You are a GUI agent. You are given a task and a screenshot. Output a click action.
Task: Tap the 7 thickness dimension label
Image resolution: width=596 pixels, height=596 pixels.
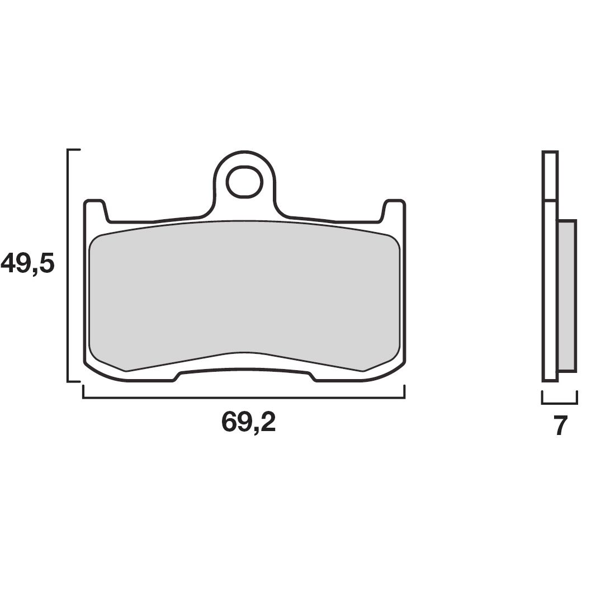tap(561, 426)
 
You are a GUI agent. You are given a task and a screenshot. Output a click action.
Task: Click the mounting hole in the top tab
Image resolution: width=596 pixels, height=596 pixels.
tap(244, 181)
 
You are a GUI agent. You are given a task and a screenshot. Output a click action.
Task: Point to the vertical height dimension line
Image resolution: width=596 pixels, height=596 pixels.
tap(68, 266)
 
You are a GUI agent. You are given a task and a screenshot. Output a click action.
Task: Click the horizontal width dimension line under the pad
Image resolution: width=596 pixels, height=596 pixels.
tap(243, 398)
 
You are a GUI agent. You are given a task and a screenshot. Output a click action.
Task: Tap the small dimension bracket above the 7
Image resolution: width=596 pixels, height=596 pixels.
tap(559, 402)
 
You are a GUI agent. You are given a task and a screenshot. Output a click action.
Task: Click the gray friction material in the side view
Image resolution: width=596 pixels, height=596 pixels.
tap(566, 295)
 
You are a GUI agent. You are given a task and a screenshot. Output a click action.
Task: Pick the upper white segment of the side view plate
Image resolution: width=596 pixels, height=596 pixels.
tap(550, 176)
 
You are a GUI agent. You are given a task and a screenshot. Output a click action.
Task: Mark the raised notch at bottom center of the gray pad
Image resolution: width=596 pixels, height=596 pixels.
tap(244, 354)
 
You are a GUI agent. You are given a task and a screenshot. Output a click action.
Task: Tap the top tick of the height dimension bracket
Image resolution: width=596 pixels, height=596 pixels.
tap(74, 150)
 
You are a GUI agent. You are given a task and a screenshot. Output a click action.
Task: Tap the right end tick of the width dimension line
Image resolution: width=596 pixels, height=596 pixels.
tap(404, 392)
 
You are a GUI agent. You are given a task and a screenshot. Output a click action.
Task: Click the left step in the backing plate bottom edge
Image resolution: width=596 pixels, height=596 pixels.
tap(176, 376)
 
